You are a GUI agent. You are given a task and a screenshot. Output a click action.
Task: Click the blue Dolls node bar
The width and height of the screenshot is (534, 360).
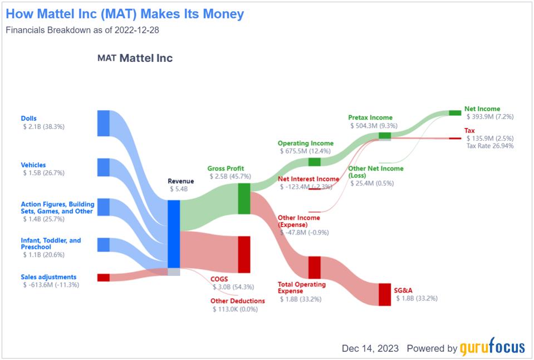coord(104,123)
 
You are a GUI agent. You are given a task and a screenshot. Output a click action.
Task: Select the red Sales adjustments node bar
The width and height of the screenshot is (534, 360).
coord(104,277)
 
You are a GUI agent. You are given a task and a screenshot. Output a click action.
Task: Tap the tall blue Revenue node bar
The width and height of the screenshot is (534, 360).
coord(174,234)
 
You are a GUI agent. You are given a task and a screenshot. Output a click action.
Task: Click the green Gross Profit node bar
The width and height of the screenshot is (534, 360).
coord(244,199)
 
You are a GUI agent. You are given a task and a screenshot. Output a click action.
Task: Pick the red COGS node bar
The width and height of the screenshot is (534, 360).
coord(244,254)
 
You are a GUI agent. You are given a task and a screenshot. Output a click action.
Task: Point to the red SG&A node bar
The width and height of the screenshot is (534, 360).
coord(385,294)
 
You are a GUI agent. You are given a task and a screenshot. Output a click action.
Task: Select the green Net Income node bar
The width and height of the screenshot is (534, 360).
coord(455,113)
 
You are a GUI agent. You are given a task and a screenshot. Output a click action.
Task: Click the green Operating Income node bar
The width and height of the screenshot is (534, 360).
coord(315,162)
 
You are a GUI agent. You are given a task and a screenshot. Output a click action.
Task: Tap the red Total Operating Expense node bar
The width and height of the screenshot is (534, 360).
coord(315,267)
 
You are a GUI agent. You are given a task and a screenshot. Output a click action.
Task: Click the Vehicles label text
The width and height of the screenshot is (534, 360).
coord(33,165)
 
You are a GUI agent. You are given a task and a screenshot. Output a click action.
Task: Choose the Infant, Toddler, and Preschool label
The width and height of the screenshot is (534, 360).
coord(51,244)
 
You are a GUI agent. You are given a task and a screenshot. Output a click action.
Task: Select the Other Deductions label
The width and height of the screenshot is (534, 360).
coord(238,301)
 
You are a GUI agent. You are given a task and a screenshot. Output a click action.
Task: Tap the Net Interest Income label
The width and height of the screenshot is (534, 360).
coord(308,179)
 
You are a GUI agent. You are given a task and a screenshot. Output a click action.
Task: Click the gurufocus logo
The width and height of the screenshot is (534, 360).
coord(492,348)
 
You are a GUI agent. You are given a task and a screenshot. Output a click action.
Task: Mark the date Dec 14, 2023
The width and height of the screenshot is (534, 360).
coord(370,348)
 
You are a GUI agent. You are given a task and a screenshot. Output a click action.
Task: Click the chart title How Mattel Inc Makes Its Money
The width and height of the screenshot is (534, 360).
coord(125,14)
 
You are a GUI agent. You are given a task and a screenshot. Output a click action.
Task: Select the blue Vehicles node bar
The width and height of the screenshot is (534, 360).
coord(104,167)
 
